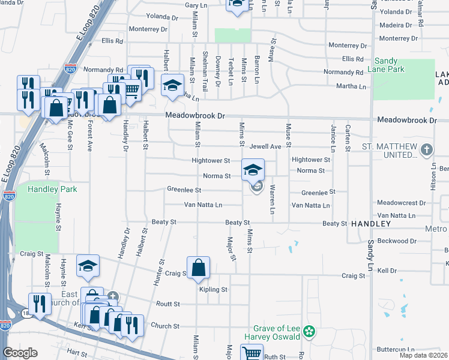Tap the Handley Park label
click(x=52, y=189)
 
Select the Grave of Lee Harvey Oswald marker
click(x=309, y=331)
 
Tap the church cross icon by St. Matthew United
click(x=426, y=149)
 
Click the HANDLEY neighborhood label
click(x=371, y=223)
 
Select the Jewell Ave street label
click(x=266, y=146)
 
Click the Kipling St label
click(x=213, y=289)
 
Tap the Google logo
click(x=19, y=353)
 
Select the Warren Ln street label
click(x=272, y=201)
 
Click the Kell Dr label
click(x=388, y=271)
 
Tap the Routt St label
click(x=167, y=304)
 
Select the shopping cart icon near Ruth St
click(x=250, y=353)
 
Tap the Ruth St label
click(x=274, y=356)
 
